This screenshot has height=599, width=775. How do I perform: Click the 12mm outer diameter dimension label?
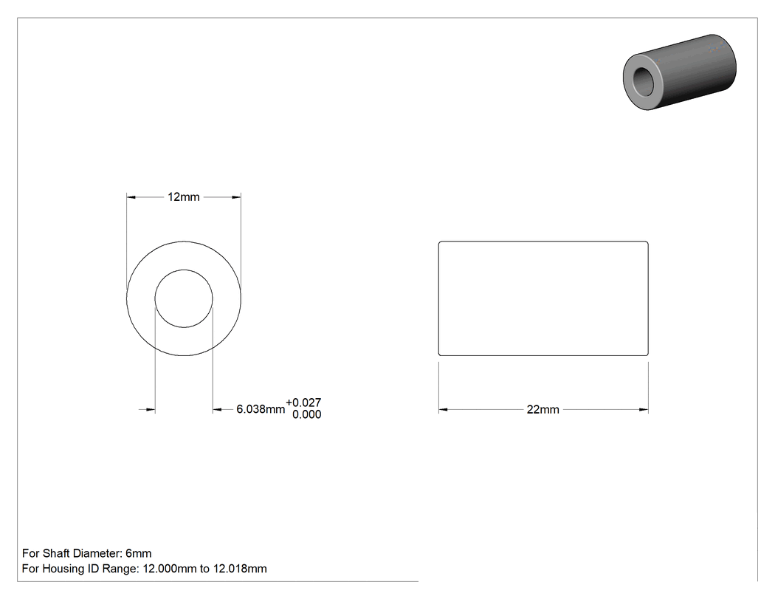pos(183,197)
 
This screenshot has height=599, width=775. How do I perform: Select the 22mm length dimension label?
pos(542,410)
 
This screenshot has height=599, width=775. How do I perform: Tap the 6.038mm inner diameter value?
pos(261,409)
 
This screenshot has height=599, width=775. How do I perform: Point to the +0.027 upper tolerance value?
pos(303,403)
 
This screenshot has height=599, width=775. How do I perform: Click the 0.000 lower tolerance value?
pos(306,414)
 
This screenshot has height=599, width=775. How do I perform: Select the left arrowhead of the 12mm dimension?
pos(131,197)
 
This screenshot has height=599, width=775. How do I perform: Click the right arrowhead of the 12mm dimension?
pos(237,197)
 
